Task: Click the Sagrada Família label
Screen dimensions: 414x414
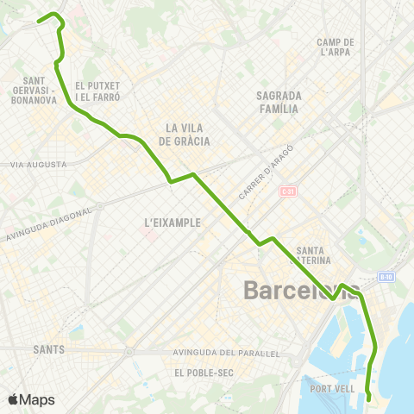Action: [x=279, y=102]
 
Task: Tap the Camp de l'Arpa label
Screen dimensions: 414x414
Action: [x=336, y=47]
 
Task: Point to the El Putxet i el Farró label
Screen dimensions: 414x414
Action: [x=97, y=91]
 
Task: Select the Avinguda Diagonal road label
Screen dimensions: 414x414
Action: [x=47, y=225]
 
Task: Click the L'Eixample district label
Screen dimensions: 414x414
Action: [x=172, y=223]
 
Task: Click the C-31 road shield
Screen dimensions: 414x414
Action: [x=288, y=191]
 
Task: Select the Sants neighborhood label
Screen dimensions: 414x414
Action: [x=48, y=349]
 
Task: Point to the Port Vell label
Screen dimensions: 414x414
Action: [x=332, y=389]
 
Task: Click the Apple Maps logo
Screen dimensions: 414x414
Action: [x=31, y=399]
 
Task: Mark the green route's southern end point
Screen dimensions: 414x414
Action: [x=369, y=398]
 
